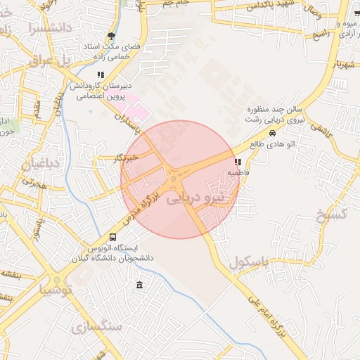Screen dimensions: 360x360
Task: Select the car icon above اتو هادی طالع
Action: click(271, 133)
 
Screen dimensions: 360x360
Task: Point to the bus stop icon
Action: click(113, 238)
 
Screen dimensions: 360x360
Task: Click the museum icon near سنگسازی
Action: click(139, 285)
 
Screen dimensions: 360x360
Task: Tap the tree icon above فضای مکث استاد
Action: click(110, 37)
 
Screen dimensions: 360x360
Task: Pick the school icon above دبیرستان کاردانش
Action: click(101, 75)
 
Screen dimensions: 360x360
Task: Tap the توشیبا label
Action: click(55, 289)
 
